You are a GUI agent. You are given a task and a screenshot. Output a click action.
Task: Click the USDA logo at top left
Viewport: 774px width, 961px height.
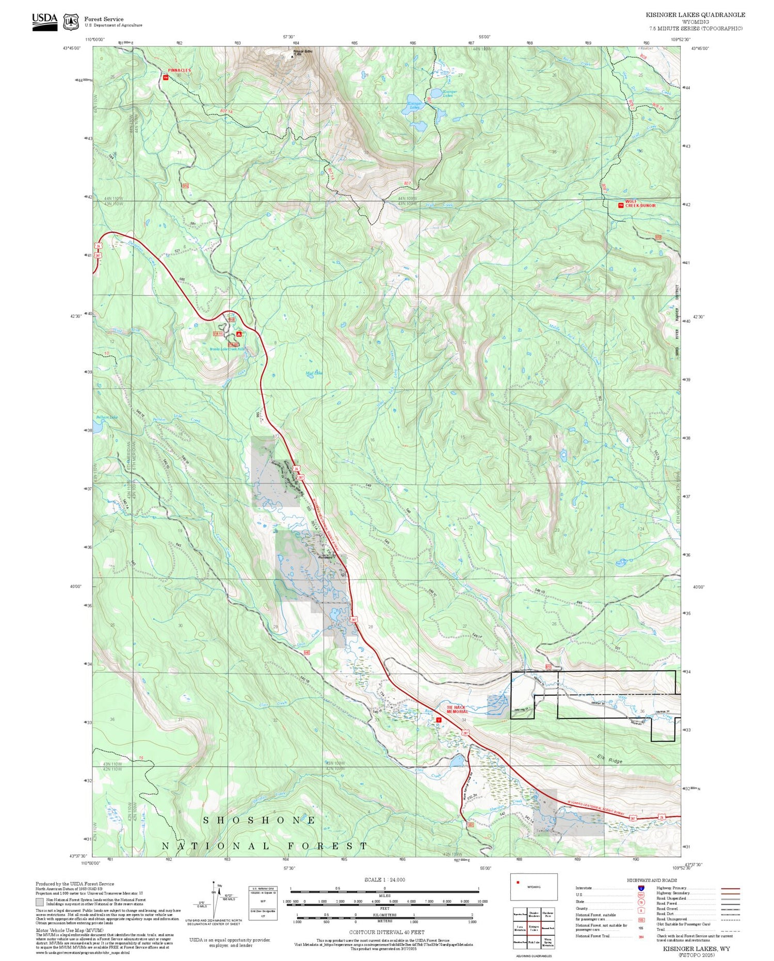click(44, 21)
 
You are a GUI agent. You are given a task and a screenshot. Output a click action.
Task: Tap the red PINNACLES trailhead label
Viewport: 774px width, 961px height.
click(179, 70)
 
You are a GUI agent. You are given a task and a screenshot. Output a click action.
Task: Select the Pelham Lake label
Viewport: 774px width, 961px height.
click(107, 417)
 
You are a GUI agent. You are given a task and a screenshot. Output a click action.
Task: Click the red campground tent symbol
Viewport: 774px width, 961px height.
click(238, 334)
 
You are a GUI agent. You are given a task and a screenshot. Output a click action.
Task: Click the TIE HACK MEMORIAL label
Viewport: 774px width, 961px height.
click(457, 709)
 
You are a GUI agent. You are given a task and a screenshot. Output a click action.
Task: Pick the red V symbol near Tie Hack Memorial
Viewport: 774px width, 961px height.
click(439, 719)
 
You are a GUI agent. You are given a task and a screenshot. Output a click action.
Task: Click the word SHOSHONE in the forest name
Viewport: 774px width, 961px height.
click(259, 820)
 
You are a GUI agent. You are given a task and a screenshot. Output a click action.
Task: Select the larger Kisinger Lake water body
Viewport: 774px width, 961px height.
click(414, 99)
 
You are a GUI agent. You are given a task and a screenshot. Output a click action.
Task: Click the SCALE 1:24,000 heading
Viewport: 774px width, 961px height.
click(384, 879)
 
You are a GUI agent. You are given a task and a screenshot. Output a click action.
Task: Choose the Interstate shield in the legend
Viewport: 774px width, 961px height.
click(641, 888)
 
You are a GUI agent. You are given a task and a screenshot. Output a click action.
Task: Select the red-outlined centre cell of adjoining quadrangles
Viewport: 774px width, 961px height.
click(534, 928)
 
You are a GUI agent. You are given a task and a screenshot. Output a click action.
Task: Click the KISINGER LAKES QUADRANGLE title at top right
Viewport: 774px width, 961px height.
click(695, 15)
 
